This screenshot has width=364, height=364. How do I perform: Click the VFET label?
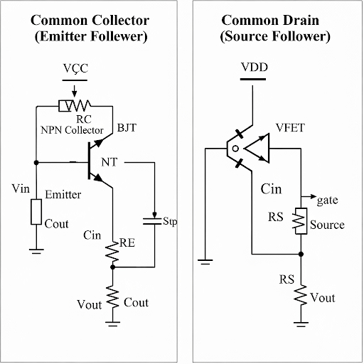click(290, 128)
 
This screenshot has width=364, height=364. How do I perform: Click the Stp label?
click(170, 222)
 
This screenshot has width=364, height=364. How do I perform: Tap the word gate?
click(328, 201)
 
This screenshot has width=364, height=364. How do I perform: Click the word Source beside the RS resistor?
click(328, 225)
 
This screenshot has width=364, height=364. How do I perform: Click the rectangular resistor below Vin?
click(35, 213)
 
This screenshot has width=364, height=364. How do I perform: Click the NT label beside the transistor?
click(111, 162)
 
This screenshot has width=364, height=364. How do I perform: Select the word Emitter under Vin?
click(63, 194)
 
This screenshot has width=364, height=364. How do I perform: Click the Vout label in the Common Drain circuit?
click(323, 298)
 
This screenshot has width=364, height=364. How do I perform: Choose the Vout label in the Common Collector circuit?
click(90, 304)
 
